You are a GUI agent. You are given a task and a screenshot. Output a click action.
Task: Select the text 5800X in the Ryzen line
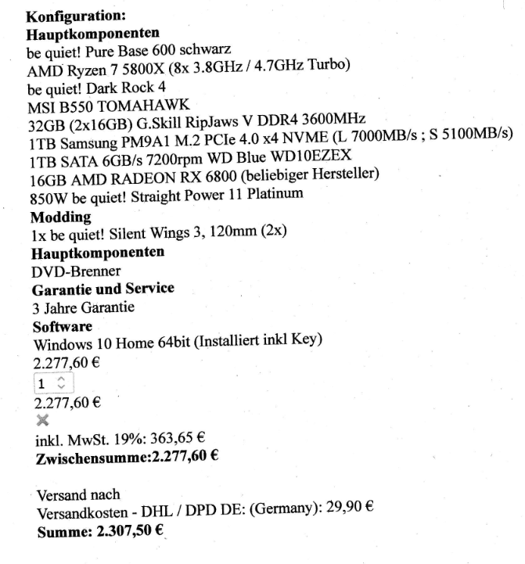pyautogui.click(x=128, y=68)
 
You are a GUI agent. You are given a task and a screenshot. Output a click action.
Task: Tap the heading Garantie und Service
pyautogui.click(x=102, y=289)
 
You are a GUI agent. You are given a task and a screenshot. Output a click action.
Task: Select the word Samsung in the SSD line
pyautogui.click(x=82, y=142)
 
